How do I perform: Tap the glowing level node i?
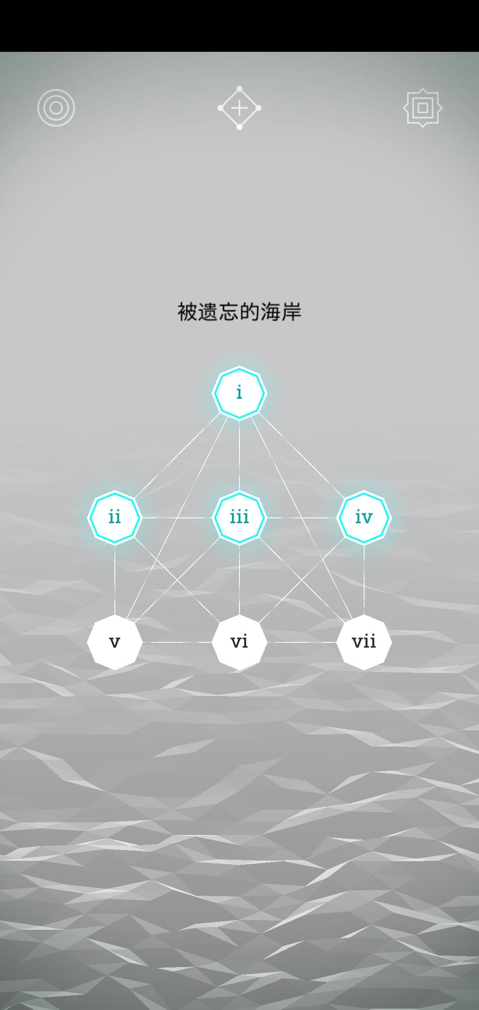tap(239, 393)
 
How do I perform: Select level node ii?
tap(115, 517)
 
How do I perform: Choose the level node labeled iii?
tap(239, 517)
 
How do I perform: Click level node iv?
tap(364, 517)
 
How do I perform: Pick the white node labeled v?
tap(115, 642)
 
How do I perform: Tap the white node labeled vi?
tap(239, 642)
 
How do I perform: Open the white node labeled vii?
tap(364, 642)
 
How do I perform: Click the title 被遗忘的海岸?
tap(239, 312)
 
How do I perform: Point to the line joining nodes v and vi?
tap(177, 642)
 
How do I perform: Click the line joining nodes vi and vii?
tap(302, 642)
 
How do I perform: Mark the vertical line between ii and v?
tap(115, 579)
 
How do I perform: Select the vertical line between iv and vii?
tap(364, 579)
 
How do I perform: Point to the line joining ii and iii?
tap(177, 517)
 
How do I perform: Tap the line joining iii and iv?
tap(302, 517)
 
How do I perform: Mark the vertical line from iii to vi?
tap(239, 579)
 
